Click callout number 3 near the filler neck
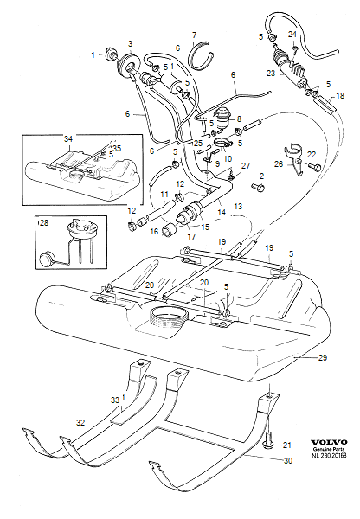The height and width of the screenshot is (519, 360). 130,44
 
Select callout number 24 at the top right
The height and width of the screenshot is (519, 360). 292,35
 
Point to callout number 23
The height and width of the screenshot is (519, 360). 271,75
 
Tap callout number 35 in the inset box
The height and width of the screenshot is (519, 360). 118,149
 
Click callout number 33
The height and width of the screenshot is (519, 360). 113,400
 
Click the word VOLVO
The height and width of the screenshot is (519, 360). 325,438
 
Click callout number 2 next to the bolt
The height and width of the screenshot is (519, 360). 260,176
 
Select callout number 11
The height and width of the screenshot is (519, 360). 141,195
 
